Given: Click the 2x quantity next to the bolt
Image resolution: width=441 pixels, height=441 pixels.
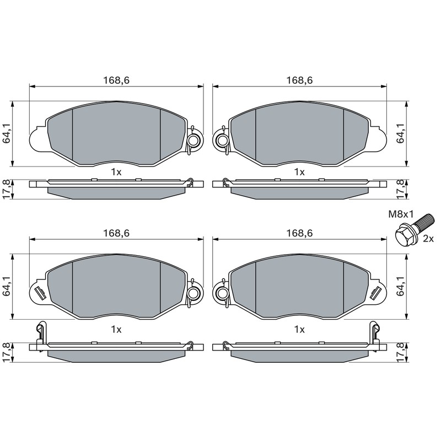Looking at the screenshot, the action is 428,239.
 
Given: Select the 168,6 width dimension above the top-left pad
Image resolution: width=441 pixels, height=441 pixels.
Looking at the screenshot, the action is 116,80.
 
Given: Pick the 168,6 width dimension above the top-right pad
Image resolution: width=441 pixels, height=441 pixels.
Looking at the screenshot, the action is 299,80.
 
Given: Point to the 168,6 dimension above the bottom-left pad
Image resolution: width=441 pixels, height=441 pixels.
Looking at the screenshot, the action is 116,233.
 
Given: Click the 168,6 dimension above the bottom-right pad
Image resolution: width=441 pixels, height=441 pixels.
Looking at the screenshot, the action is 299,233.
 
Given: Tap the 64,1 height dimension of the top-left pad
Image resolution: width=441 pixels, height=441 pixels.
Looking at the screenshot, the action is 7,134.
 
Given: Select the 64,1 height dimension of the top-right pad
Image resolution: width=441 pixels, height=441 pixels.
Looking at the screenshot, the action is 401,134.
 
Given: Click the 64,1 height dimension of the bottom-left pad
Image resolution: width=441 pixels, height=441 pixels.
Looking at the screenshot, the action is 7,286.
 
